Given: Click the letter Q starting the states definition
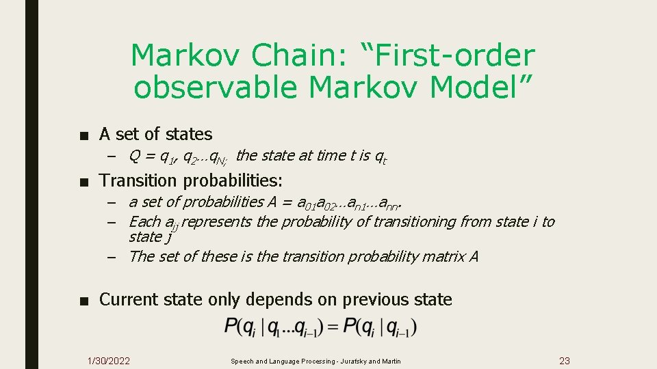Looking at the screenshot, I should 135,156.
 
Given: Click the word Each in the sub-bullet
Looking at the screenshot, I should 144,221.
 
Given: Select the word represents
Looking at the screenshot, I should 216,221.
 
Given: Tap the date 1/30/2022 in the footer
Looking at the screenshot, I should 109,361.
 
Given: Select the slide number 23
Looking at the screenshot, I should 565,361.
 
